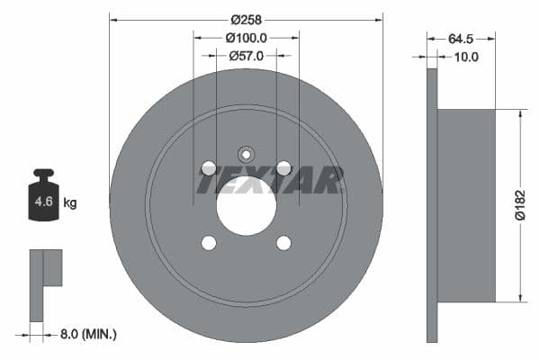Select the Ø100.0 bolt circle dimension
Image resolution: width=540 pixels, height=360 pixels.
click(246, 38)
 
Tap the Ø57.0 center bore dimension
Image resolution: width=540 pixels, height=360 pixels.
click(246, 56)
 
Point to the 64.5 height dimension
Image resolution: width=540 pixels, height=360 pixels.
click(461, 39)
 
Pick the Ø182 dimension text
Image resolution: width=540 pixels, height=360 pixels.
click(518, 205)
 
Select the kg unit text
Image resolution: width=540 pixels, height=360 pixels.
click(69, 202)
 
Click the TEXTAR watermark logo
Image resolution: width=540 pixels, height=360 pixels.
click(270, 181)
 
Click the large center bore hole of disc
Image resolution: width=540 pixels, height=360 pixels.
click(246, 206)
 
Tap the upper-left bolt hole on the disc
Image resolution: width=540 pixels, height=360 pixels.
click(209, 168)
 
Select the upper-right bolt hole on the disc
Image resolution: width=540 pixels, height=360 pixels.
click(283, 168)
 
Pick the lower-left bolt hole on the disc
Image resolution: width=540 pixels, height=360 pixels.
click(209, 243)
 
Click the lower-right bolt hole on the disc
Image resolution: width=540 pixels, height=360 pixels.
click(283, 243)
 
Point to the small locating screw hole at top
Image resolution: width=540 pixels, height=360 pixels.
click(246, 153)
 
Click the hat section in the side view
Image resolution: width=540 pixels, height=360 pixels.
click(466, 205)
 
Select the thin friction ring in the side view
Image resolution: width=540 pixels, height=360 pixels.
click(431, 205)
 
